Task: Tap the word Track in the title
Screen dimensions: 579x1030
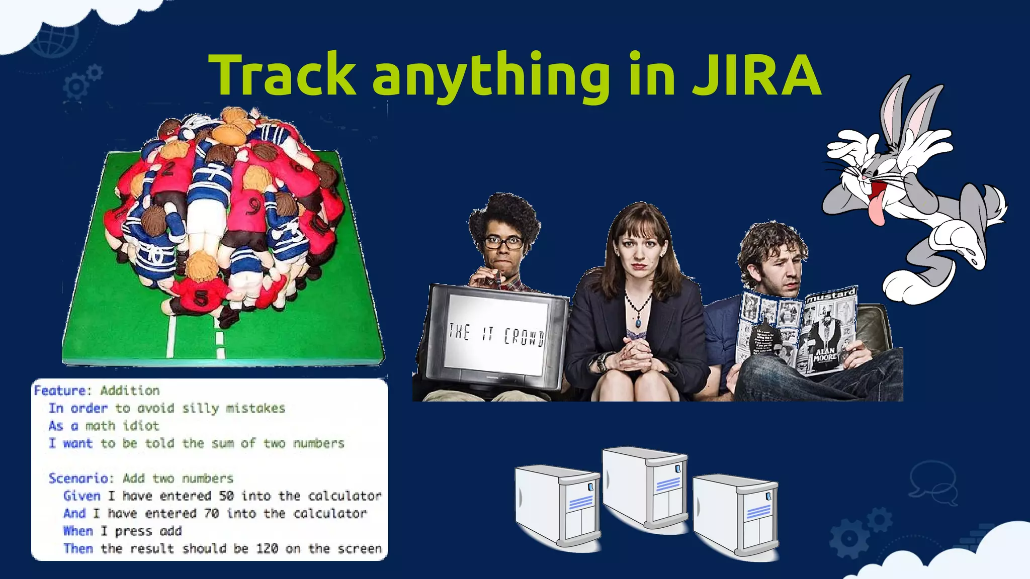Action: pos(282,74)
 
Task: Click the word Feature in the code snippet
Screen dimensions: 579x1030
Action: pos(60,391)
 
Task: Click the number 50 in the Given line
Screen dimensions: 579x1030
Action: pos(226,496)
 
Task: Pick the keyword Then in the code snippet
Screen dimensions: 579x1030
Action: pos(78,548)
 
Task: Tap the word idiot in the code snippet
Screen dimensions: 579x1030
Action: pos(141,426)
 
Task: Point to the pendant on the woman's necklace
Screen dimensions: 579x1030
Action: pos(638,321)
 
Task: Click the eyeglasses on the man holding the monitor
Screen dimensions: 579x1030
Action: pos(502,243)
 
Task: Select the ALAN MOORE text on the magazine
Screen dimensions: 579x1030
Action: pos(825,354)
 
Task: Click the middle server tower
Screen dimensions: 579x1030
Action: pos(645,488)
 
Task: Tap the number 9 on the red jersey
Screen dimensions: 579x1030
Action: pos(253,206)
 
